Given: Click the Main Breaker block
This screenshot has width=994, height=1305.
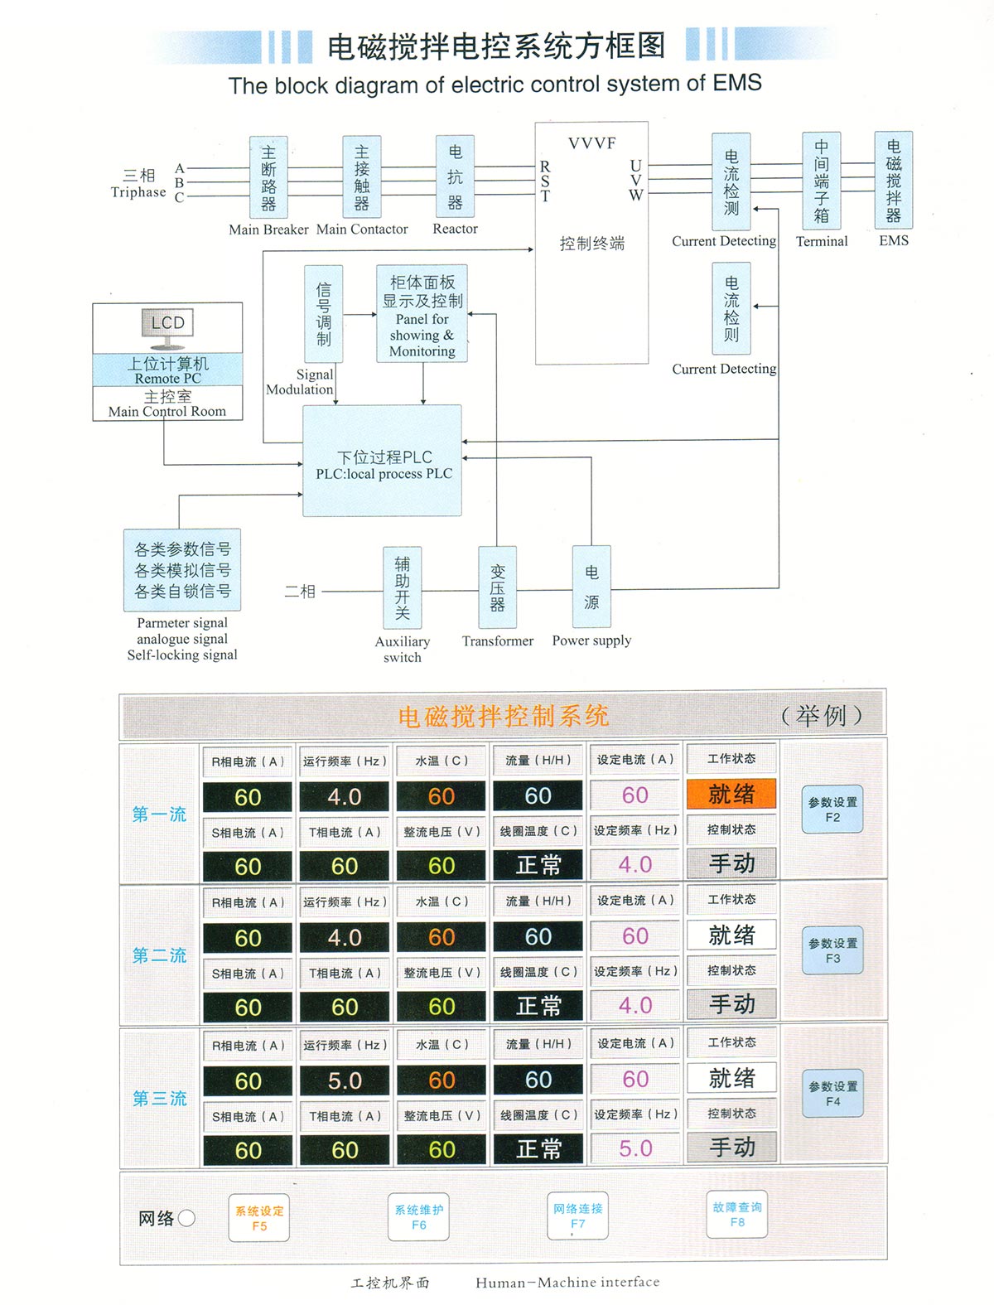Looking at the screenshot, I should coord(268,177).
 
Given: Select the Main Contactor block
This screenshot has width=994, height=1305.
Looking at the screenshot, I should coord(362,177).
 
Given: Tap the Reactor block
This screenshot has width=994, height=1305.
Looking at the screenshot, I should coord(455,176).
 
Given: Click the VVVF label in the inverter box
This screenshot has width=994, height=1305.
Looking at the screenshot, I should coord(591,143).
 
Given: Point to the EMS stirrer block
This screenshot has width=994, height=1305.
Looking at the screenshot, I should coord(893,180).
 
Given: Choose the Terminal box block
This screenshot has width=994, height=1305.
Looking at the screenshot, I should coord(821,180).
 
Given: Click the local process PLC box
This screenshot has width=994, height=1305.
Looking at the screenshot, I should coord(383,461).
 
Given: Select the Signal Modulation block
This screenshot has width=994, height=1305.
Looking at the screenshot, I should coord(323,314).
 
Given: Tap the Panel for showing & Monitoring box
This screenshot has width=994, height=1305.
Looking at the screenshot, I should coord(422,314).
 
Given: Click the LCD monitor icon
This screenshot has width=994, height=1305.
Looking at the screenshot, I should coord(167,325).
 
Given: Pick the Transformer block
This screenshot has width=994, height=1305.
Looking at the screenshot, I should coord(497,587).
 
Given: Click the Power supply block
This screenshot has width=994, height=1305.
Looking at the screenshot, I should coord(591,587).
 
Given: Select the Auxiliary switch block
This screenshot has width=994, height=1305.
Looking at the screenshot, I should coord(402,587).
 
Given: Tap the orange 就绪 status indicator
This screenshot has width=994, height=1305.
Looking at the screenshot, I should coord(731,794).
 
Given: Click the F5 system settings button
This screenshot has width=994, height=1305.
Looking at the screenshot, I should coord(259,1217).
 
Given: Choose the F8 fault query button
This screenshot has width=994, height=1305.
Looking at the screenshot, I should coord(736,1214).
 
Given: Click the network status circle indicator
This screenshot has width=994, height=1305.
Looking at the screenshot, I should coord(186,1217).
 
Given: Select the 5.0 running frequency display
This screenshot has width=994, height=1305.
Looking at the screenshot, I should coord(345,1080).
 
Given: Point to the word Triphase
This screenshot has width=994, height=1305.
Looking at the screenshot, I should coord(138,192).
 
